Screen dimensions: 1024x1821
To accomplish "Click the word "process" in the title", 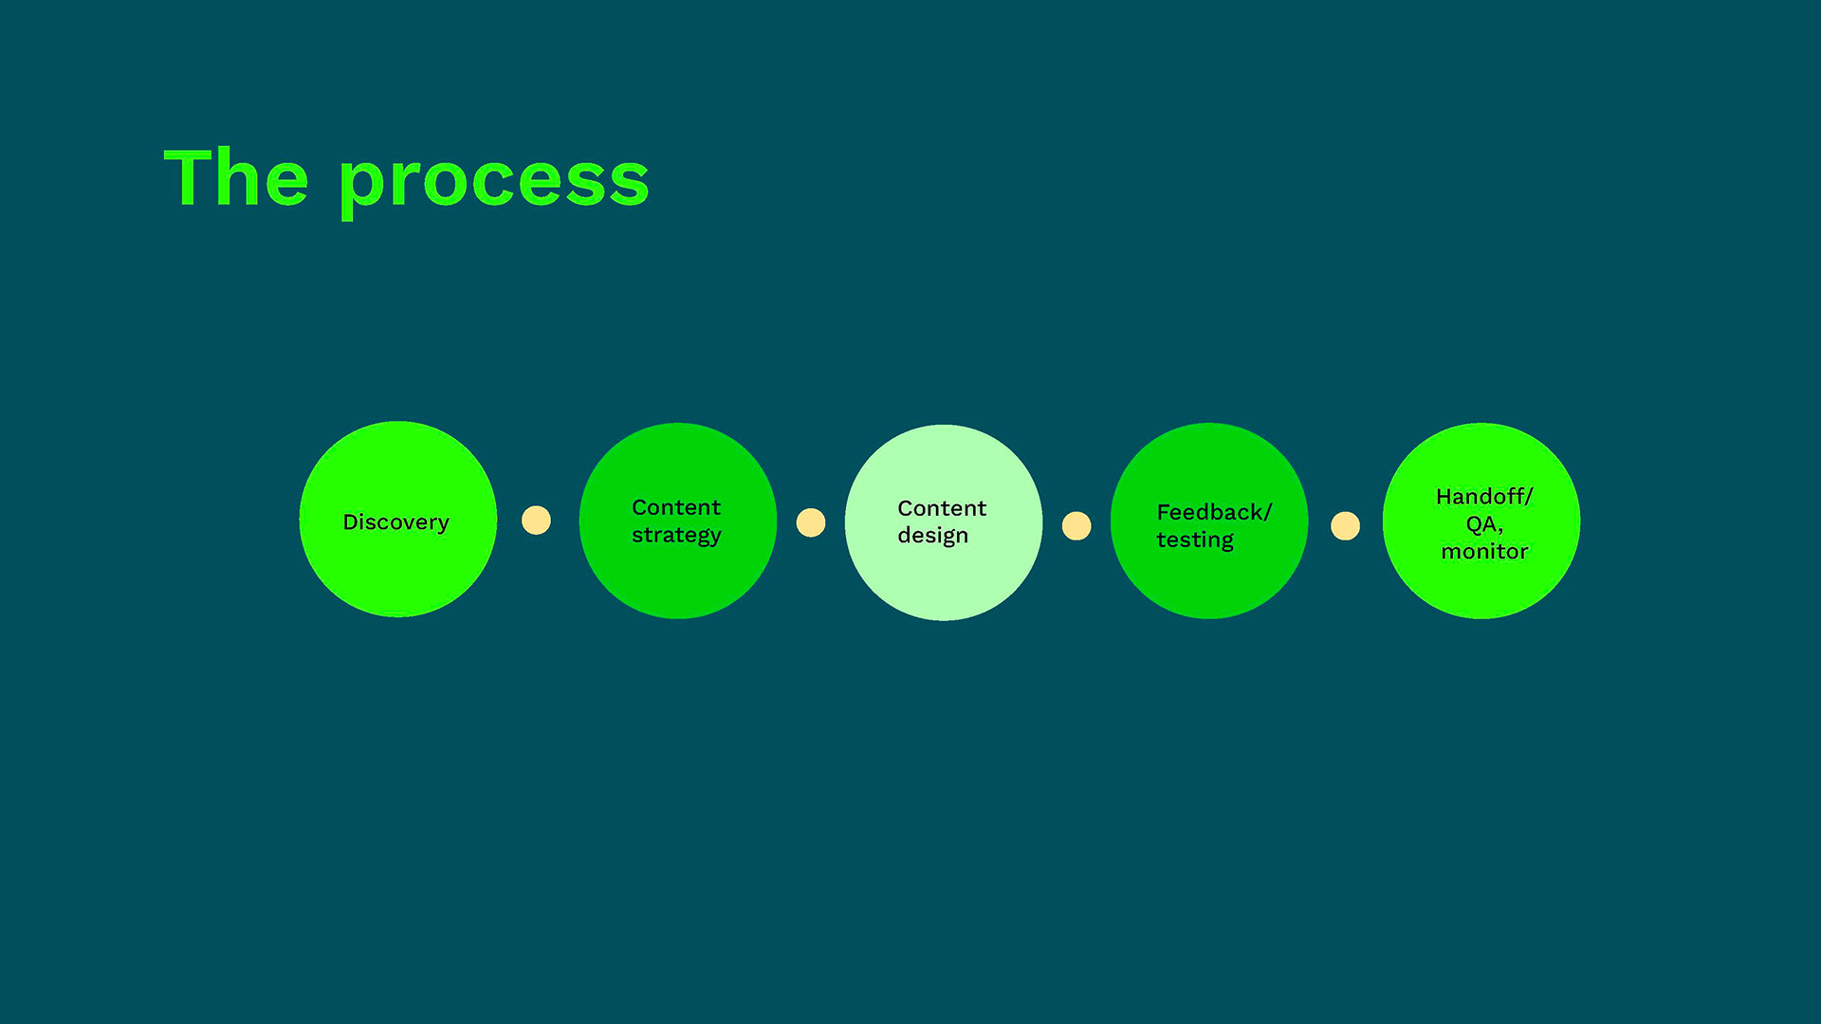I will pos(493,182).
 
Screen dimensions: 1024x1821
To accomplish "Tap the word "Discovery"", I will pos(395,522).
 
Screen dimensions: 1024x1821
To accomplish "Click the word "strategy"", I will pos(676,536).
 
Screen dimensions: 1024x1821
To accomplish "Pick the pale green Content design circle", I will pos(943,583).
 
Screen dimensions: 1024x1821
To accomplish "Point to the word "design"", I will pos(932,536).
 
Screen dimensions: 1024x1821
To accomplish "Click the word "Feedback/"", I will pos(1213,512).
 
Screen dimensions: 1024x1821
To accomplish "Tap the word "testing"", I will pos(1195,540).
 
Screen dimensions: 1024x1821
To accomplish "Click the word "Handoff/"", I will pos(1483,496).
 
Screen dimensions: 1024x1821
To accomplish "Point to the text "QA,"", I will pos(1483,524).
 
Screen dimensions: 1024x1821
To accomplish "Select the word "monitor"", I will pos(1484,552).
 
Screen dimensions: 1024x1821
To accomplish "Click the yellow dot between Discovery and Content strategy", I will pos(536,521).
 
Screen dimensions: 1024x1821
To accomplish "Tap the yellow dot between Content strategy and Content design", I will pos(811,522).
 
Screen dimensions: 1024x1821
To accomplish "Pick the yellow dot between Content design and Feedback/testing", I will pos(1076,525).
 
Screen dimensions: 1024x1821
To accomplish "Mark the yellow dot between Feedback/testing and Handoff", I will pos(1345,525).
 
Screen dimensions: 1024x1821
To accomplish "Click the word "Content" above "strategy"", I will pos(676,507).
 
